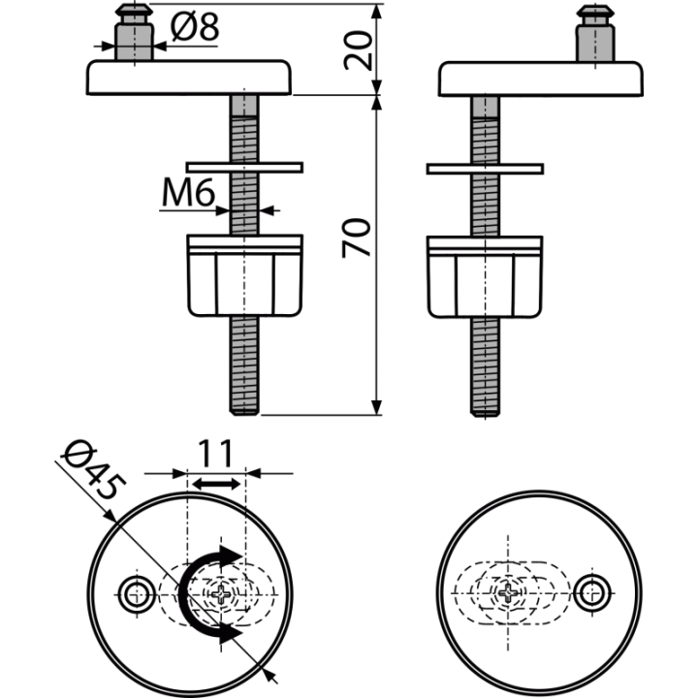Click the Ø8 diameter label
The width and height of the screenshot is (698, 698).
(x=195, y=27)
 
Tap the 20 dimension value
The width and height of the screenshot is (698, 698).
(x=358, y=50)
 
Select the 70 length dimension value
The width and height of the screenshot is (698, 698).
(x=356, y=238)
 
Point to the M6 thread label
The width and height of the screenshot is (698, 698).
(x=189, y=192)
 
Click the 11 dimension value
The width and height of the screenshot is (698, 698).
(x=215, y=453)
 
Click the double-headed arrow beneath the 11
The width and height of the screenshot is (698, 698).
(x=216, y=484)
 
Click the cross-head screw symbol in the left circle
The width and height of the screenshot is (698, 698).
(x=221, y=593)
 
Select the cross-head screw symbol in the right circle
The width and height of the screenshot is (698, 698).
(x=507, y=592)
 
